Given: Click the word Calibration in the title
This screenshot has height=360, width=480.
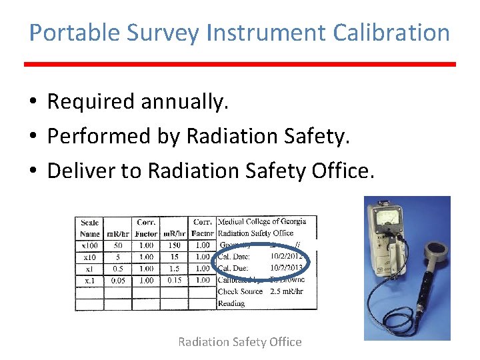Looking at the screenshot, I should (389, 32).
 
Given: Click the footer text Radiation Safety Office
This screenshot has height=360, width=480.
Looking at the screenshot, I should (239, 342).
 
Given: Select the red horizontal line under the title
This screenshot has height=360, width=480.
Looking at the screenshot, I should (240, 65).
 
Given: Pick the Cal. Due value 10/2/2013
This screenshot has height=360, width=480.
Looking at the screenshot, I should (287, 269).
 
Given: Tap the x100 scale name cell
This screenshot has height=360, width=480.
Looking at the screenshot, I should (89, 245).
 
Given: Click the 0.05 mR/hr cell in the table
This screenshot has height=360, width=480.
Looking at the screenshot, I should (118, 281).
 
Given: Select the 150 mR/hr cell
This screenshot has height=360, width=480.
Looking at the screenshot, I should (174, 245).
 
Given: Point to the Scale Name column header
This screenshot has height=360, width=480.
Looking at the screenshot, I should (89, 228).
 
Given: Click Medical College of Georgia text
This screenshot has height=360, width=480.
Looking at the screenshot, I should (262, 221).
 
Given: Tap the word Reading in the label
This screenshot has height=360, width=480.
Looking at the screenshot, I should (231, 303).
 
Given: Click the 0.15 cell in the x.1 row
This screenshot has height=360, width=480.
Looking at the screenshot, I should (174, 281).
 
